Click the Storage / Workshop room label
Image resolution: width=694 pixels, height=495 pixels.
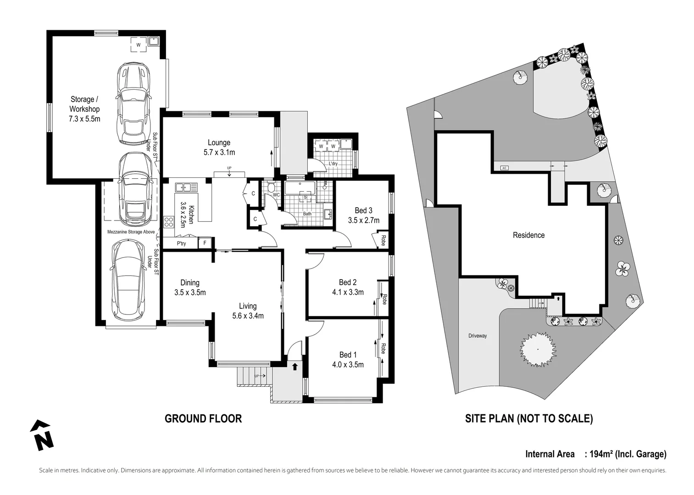coord(84,104)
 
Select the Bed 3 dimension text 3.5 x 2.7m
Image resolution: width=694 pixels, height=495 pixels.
coord(363,220)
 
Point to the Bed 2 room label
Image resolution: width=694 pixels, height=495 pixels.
coord(348,282)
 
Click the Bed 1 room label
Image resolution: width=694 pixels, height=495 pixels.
coord(348,355)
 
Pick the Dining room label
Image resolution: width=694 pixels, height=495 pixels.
coord(189,283)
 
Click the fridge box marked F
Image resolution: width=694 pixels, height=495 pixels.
coord(205,243)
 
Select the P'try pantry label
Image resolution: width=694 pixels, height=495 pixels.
coord(182,243)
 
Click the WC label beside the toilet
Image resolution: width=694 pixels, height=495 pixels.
coord(276,195)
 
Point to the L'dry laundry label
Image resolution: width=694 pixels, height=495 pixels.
coord(333,164)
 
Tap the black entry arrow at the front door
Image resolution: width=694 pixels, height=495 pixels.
coord(294,366)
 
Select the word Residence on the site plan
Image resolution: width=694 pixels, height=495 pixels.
coord(528,235)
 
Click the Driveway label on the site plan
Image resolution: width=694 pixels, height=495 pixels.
coord(477,336)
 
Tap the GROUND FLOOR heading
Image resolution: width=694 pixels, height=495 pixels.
coord(203,418)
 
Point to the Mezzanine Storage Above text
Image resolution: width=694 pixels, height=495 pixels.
coord(131,232)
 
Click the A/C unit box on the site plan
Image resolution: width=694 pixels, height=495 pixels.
coord(504,168)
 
